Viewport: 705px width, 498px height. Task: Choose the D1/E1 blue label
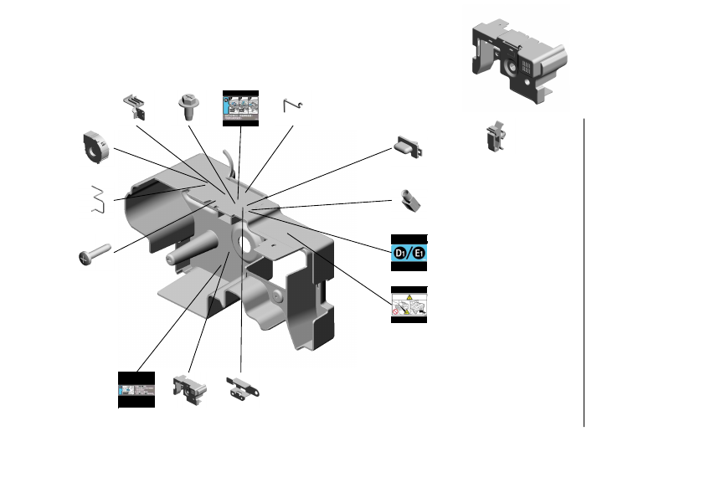point(409,252)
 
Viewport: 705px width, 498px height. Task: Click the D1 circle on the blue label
point(400,253)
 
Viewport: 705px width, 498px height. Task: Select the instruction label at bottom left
point(136,390)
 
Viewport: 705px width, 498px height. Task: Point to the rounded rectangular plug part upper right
point(409,148)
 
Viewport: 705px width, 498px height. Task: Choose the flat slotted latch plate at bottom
point(243,388)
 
